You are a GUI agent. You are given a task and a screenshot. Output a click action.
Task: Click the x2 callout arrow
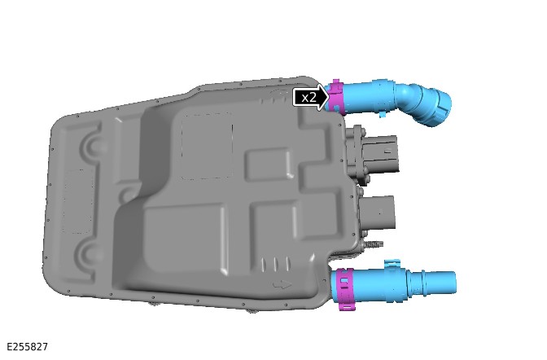310,97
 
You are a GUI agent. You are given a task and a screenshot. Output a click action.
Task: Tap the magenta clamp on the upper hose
337,97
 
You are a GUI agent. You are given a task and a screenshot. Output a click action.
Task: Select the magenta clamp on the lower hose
345,289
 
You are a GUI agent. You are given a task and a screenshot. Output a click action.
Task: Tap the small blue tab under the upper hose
383,114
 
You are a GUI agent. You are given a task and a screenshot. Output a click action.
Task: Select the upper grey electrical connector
380,154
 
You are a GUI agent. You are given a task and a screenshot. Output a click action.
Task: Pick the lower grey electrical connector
379,213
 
